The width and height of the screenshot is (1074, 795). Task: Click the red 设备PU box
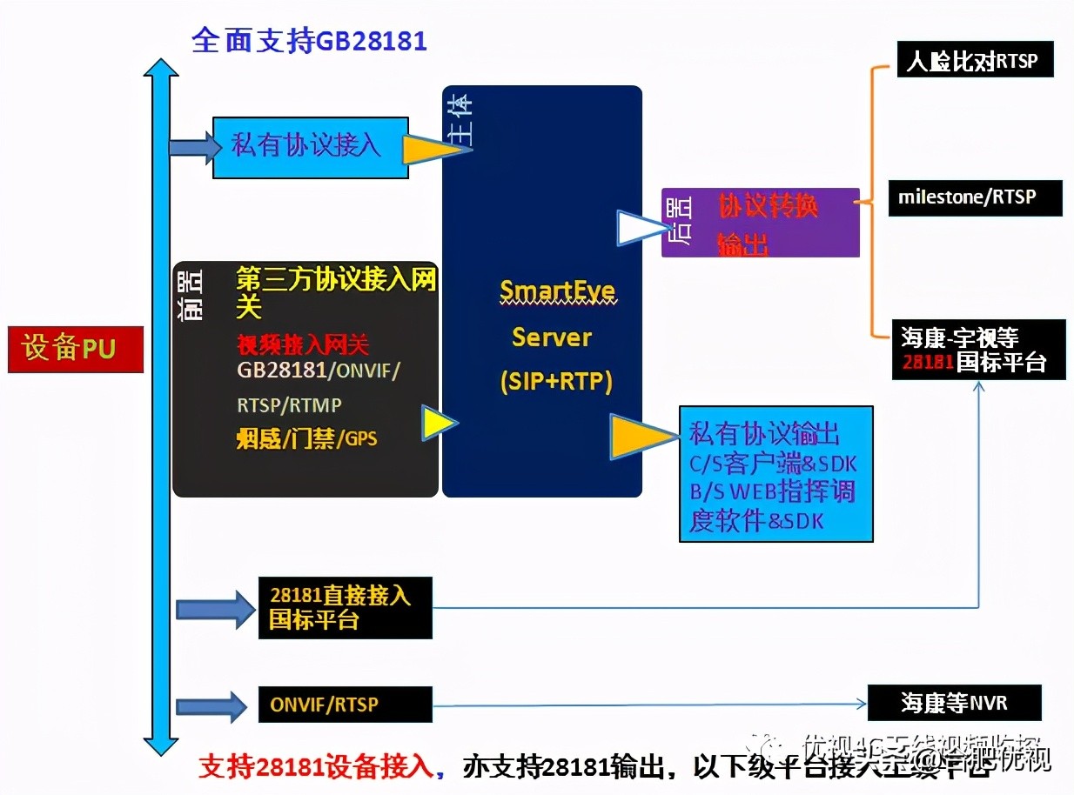[x=76, y=349]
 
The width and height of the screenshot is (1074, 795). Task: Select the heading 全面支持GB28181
[x=309, y=41]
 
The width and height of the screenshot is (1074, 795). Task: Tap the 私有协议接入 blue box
[x=310, y=147]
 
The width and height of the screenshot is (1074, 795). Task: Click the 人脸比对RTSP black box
[x=975, y=62]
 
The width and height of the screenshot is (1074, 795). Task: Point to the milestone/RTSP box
[x=975, y=197]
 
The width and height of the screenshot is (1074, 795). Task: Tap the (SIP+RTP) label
[x=556, y=381]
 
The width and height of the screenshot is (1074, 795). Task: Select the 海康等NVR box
[x=954, y=702]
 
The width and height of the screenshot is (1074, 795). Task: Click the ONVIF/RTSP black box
[x=345, y=704]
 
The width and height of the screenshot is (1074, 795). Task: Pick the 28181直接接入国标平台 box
[x=345, y=608]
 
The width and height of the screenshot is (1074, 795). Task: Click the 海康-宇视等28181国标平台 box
[x=978, y=349]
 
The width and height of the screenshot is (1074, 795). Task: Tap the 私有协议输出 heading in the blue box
[x=764, y=432]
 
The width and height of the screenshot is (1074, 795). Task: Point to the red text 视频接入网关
[x=303, y=344]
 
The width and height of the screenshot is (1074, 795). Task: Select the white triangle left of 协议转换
[x=640, y=228]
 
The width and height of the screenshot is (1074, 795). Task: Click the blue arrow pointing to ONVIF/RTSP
[x=211, y=705]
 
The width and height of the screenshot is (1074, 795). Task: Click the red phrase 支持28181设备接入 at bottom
[x=315, y=767]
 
